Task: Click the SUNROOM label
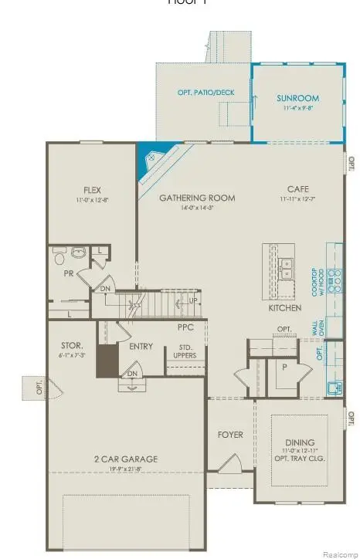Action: click(297, 99)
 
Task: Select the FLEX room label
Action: click(93, 190)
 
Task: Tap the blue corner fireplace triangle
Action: click(150, 164)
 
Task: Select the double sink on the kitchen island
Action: click(285, 268)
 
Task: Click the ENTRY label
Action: click(141, 346)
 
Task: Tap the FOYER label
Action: click(230, 435)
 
